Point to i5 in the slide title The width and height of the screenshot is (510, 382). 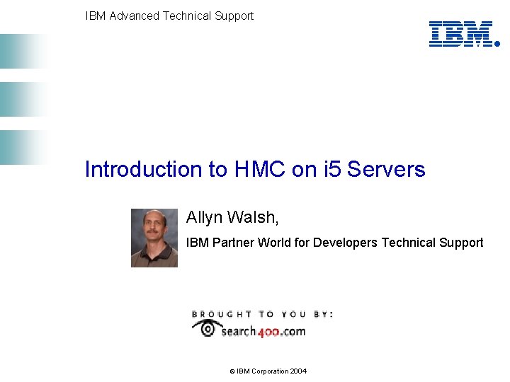331,170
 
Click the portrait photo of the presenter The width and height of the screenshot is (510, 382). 154,238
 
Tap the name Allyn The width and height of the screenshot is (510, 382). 204,217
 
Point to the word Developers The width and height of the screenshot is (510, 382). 346,243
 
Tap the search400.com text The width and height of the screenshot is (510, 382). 263,331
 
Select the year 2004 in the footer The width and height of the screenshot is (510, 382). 298,371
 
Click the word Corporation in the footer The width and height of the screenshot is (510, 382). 268,371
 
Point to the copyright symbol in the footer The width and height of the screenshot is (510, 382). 232,371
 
